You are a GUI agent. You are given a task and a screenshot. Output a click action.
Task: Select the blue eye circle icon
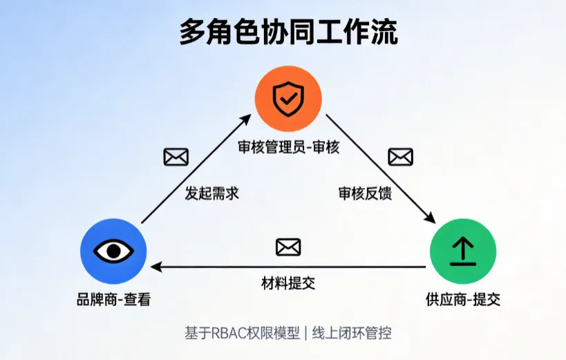(x=113, y=251)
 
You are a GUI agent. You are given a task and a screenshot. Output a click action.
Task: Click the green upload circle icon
(x=462, y=252)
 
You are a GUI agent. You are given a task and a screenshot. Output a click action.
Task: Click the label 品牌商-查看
(x=113, y=300)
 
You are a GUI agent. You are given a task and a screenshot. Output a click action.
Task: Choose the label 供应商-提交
(x=462, y=300)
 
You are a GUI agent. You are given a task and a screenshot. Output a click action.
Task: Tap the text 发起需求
(x=211, y=193)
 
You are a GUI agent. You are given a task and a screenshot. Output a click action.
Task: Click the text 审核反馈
(x=365, y=193)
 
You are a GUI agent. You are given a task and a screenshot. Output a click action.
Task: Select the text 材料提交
(x=288, y=283)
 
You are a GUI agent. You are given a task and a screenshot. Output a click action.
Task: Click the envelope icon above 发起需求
(x=176, y=158)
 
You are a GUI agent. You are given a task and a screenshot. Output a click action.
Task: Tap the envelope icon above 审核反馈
(x=400, y=158)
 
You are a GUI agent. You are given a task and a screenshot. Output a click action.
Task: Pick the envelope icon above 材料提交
(x=288, y=247)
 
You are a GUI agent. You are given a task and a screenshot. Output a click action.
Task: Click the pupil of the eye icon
(x=113, y=251)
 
